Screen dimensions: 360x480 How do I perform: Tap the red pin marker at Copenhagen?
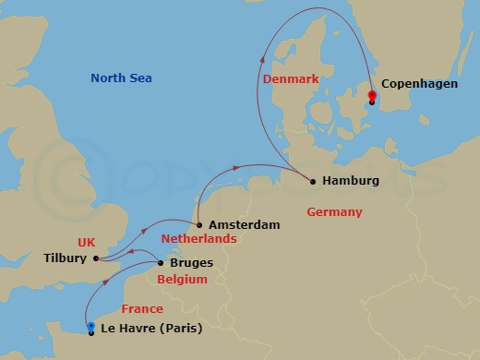[x=371, y=96]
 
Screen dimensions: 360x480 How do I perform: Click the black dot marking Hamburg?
[x=313, y=181]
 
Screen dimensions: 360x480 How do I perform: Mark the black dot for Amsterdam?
[x=198, y=224]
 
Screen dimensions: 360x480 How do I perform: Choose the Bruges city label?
[x=192, y=262]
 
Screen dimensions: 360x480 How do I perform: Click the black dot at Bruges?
[x=161, y=262]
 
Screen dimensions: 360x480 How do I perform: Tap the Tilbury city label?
[x=65, y=258]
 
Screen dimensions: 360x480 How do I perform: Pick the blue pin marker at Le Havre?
[x=90, y=328]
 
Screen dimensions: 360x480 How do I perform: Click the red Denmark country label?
[x=291, y=79]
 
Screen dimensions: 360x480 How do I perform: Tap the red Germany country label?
[x=334, y=212]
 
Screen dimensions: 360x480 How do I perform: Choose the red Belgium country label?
[x=181, y=278]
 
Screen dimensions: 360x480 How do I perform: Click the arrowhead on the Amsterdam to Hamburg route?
[x=239, y=167]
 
